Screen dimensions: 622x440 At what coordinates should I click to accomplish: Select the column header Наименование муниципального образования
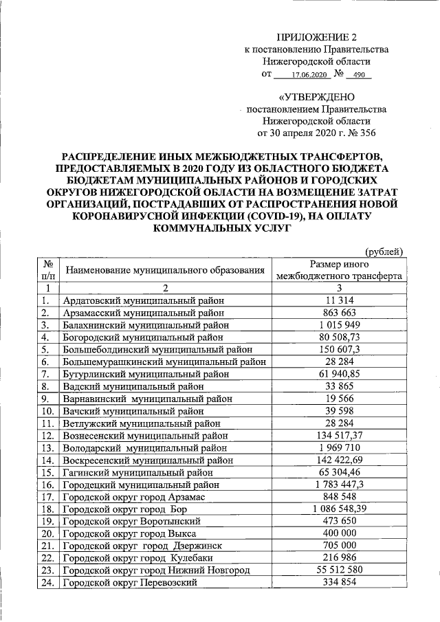click(164, 271)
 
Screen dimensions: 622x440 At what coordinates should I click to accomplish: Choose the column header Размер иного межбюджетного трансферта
click(339, 271)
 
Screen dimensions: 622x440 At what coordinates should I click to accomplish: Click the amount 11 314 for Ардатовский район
click(339, 300)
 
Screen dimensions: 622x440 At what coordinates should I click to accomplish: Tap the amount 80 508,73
click(339, 337)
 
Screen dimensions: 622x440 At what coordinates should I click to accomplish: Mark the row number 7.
click(46, 373)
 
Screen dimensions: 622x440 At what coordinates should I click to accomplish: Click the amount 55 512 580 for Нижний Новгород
click(339, 570)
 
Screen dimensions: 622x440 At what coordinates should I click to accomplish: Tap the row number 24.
click(47, 583)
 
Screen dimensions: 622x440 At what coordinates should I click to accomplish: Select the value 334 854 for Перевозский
click(339, 583)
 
